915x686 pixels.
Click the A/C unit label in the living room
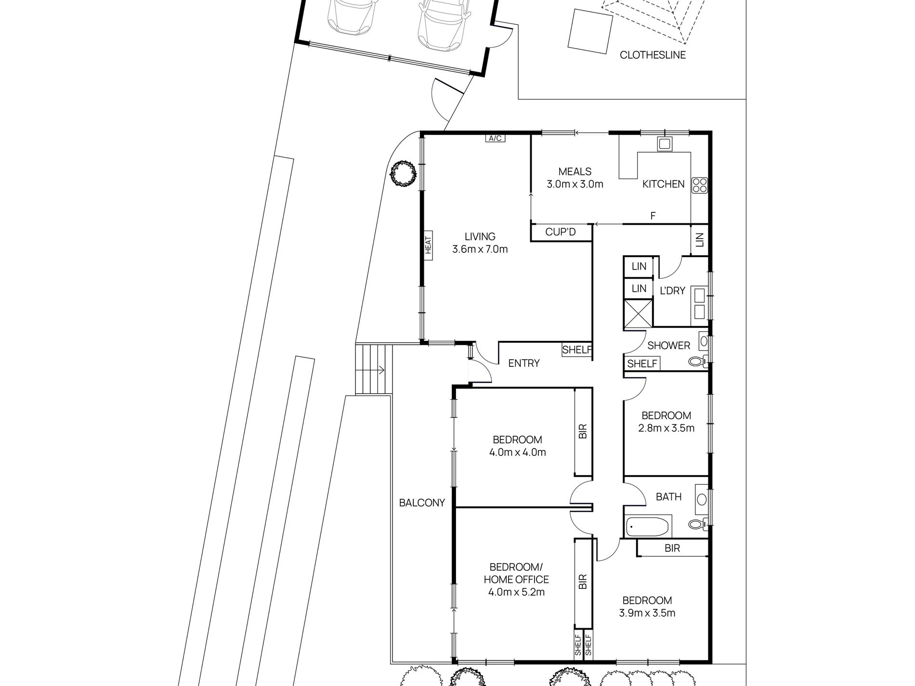click(x=495, y=139)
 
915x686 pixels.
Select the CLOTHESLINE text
click(x=653, y=55)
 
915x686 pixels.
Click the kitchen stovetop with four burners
click(x=700, y=185)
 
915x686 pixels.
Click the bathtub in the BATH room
click(x=648, y=527)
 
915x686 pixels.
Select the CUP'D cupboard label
click(x=561, y=233)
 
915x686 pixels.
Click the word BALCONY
click(x=422, y=503)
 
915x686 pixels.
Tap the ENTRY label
click(x=524, y=363)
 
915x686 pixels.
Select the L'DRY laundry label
click(x=672, y=291)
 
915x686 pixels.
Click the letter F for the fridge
click(x=653, y=216)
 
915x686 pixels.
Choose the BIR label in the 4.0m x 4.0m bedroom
click(x=583, y=431)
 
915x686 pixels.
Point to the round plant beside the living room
click(x=403, y=173)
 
